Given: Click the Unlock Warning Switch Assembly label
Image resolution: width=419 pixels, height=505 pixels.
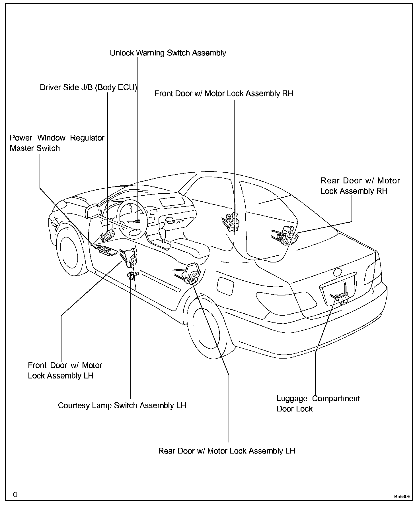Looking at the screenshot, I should coord(168,53).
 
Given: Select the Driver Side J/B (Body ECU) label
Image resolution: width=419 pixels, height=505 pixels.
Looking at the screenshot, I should coord(88,87).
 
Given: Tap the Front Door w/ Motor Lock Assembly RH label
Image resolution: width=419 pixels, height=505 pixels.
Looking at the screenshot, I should coord(224,93).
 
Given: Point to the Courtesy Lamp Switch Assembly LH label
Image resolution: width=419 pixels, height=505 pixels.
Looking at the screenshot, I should coord(122,405).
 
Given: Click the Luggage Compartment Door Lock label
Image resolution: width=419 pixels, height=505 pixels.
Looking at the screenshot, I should coord(318,403).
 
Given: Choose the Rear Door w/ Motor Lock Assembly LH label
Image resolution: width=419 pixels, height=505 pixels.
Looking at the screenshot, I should coord(227,451).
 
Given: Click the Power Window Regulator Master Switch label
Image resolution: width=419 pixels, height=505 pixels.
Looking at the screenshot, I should coord(57,143).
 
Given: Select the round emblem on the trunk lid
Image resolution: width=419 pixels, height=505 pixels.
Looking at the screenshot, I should coord(338,272).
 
